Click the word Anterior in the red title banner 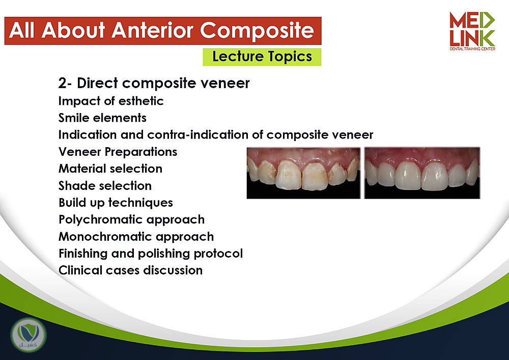click(152, 31)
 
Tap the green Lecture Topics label click(262, 57)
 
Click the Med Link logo click(472, 31)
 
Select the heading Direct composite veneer click(163, 83)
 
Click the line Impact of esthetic click(111, 101)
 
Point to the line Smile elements click(103, 118)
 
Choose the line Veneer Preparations click(118, 152)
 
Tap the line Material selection click(110, 169)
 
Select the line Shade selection click(105, 186)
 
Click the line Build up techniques click(116, 203)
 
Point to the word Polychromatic click(101, 220)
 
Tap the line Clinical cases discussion click(130, 270)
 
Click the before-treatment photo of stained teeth click(303, 173)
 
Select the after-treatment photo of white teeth click(422, 173)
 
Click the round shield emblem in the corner click(29, 335)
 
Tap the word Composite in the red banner click(257, 31)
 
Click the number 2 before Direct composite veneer click(62, 84)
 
